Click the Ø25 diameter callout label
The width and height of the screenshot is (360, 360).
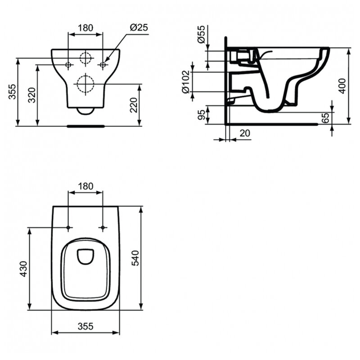(x=139, y=27)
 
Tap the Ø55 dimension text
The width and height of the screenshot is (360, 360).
(x=201, y=34)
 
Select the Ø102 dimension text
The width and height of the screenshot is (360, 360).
(x=186, y=82)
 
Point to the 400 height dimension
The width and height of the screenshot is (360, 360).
(x=342, y=86)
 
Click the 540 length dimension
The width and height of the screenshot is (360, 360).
(x=135, y=258)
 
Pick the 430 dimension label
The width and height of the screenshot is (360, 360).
(x=23, y=269)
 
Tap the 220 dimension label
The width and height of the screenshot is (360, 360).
(x=134, y=105)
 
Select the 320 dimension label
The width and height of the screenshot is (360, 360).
(x=31, y=95)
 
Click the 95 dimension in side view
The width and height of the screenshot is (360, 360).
(x=201, y=115)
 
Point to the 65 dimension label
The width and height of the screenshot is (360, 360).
(x=325, y=117)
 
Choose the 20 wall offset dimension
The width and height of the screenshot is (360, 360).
(x=245, y=133)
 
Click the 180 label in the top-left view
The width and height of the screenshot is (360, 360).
(x=85, y=28)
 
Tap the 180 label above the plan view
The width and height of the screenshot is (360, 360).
(x=85, y=186)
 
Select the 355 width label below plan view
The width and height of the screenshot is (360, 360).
(x=85, y=326)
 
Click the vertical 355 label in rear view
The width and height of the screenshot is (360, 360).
(x=12, y=92)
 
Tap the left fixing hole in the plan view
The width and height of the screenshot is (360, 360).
(x=68, y=227)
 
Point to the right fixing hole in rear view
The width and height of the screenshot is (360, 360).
(x=103, y=65)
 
